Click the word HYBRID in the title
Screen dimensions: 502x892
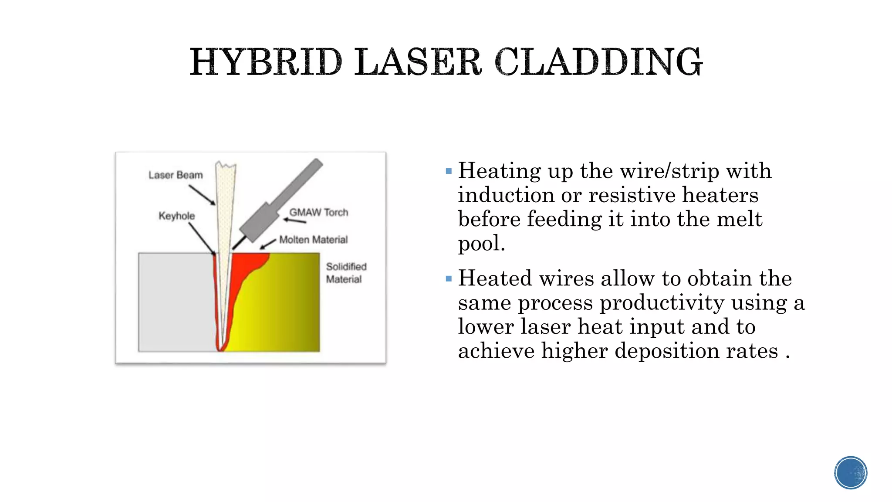[266, 62]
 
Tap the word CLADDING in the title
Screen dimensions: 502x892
[598, 62]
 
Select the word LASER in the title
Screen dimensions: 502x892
[418, 62]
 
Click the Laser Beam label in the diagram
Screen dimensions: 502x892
[176, 175]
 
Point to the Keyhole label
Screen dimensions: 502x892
[176, 216]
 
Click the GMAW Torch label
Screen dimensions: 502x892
[319, 212]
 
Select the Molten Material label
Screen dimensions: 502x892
[314, 240]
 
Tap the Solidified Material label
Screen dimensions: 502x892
[346, 273]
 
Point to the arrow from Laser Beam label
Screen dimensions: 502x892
[202, 195]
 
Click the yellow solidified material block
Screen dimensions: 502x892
[283, 305]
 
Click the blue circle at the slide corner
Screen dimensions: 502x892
[851, 473]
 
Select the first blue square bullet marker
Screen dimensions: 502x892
[449, 171]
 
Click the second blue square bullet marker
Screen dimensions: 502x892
[449, 279]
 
